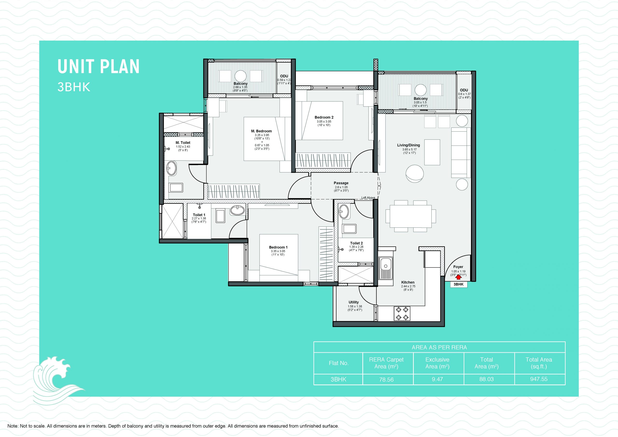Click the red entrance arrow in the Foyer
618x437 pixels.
pyautogui.click(x=458, y=276)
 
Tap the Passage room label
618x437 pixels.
pyautogui.click(x=341, y=183)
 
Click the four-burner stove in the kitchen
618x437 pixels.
pyautogui.click(x=402, y=313)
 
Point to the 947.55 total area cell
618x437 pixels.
pyautogui.click(x=539, y=379)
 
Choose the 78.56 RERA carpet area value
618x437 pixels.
pyautogui.click(x=386, y=380)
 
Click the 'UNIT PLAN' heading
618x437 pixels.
pyautogui.click(x=98, y=67)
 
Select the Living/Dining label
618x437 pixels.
pyautogui.click(x=408, y=145)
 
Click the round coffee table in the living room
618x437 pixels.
pyautogui.click(x=414, y=173)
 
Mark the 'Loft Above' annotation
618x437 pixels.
pyautogui.click(x=368, y=198)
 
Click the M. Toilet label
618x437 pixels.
pyautogui.click(x=183, y=143)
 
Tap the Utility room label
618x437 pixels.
pyautogui.click(x=354, y=302)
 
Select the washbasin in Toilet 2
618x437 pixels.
pyautogui.click(x=344, y=211)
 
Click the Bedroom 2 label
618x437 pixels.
pyautogui.click(x=324, y=117)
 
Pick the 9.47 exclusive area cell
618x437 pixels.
pyautogui.click(x=437, y=379)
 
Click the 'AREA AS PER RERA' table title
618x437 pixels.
pyautogui.click(x=439, y=347)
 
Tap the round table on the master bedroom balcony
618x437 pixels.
pyautogui.click(x=240, y=76)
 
